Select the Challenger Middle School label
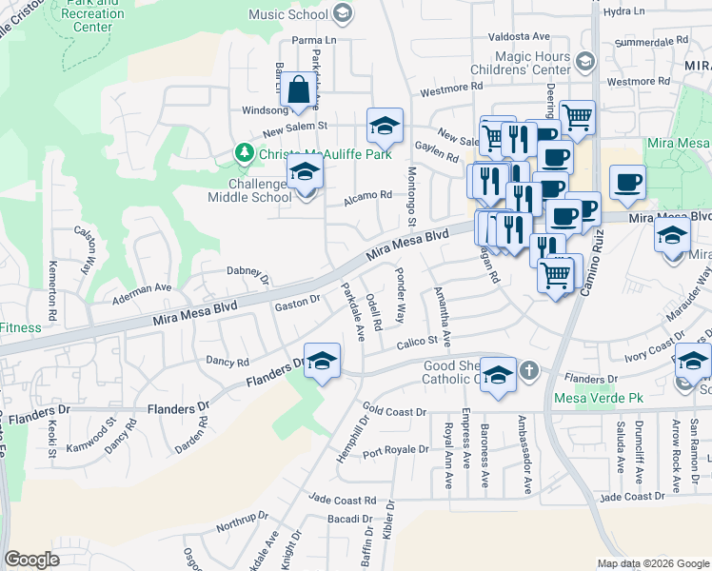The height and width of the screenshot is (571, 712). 249,190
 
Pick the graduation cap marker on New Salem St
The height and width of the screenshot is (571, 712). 385,126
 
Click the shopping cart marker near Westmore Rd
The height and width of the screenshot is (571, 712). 577,117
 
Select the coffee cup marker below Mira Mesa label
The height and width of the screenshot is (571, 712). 627,181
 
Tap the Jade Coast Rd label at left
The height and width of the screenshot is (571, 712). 345,501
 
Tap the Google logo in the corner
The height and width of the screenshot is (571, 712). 31,560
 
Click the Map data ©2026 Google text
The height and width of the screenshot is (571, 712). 652,563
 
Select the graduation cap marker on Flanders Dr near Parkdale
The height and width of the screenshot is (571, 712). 322,362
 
